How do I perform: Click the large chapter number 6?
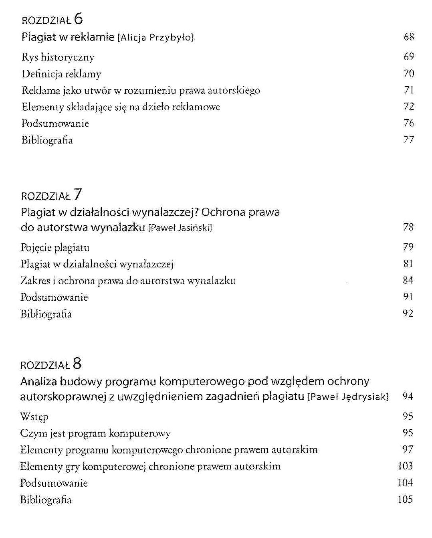pos(78,18)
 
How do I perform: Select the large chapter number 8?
pos(77,364)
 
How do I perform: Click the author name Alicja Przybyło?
pos(155,38)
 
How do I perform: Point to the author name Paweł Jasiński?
pos(180,228)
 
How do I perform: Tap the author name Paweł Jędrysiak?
pos(348,397)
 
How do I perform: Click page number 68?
pos(409,37)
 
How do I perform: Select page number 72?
pos(409,106)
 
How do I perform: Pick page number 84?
pos(408,280)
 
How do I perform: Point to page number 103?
pos(405,466)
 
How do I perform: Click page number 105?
pos(405,499)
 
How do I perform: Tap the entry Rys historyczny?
pos(58,57)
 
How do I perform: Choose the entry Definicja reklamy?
pos(61,74)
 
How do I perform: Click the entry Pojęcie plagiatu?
pos(55,247)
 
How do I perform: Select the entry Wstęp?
pos(34,417)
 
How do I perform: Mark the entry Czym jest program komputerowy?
pos(95,433)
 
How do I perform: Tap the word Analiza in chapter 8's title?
pos(39,381)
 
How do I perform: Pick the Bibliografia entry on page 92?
pos(46,314)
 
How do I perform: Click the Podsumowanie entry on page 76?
pos(55,123)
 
